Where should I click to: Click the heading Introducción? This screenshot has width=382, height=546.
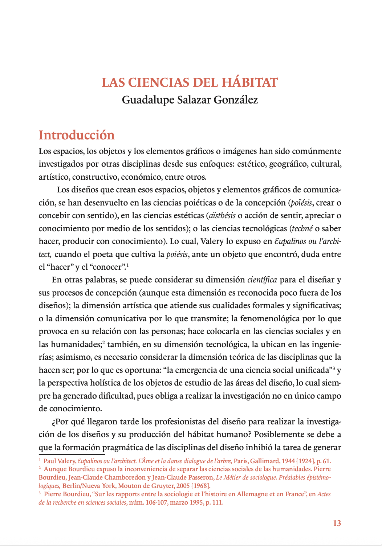point(77,135)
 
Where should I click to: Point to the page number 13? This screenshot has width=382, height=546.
point(337,523)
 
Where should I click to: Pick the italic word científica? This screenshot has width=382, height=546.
point(262,280)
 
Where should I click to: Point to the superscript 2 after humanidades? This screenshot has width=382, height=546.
point(103,342)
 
